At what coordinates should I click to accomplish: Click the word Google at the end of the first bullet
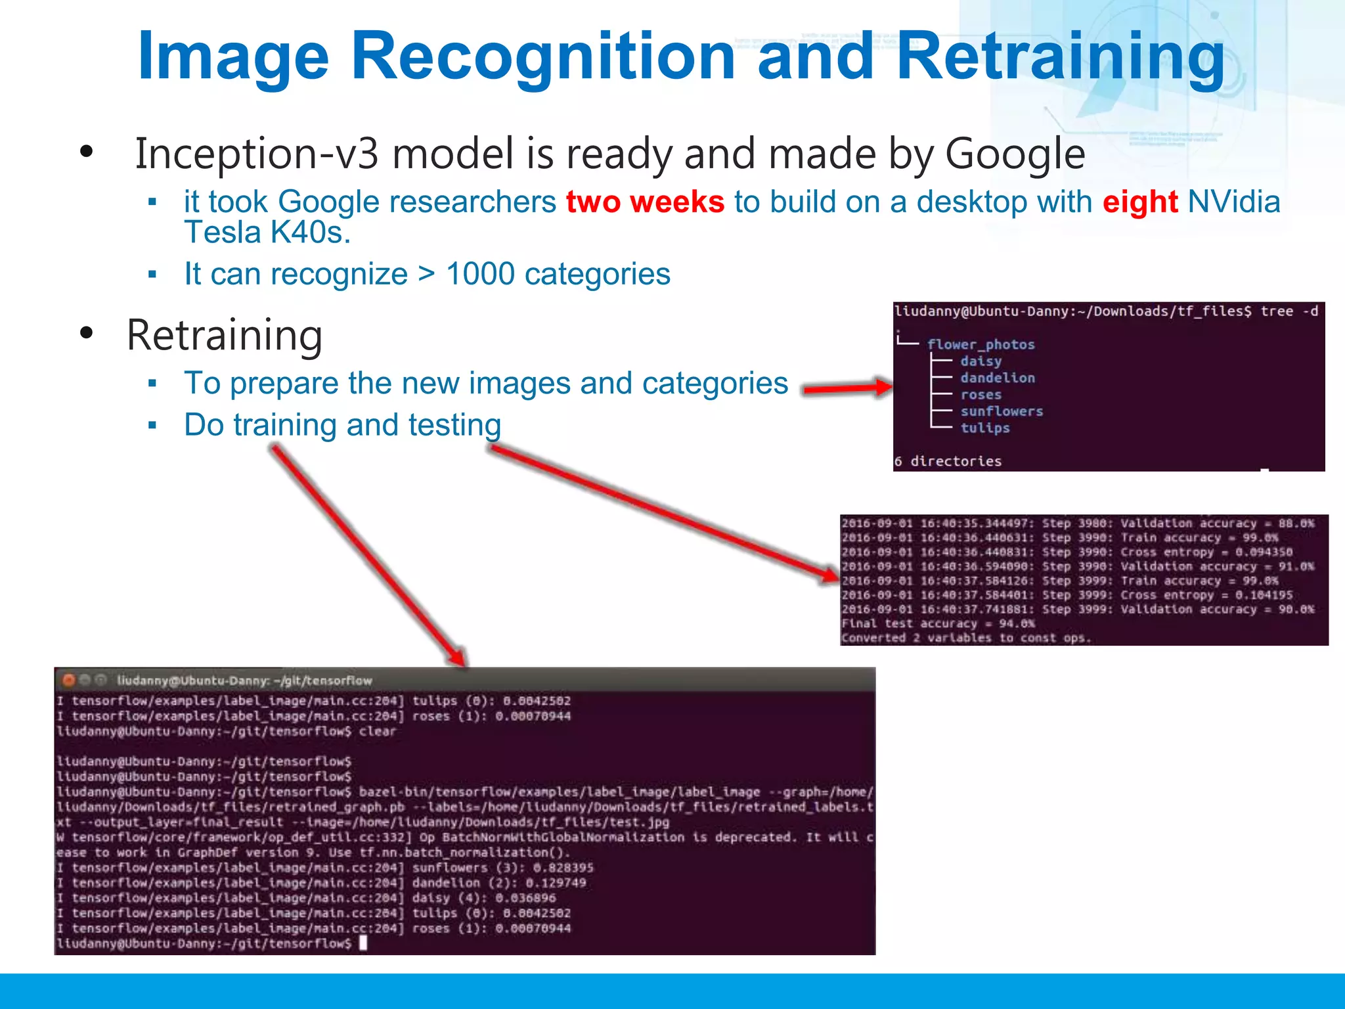point(1015,154)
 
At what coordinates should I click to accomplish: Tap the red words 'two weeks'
point(645,202)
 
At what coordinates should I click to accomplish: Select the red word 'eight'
point(1140,202)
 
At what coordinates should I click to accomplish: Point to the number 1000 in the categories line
point(480,274)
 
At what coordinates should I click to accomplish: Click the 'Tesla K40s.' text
point(267,233)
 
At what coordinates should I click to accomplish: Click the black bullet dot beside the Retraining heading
point(86,334)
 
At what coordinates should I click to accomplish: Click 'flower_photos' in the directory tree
point(981,345)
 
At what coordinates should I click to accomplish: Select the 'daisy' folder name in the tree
point(981,361)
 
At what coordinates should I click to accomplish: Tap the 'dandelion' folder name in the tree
point(998,378)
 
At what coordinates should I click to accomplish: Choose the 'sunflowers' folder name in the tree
point(1002,411)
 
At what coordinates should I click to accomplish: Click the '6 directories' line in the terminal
point(948,461)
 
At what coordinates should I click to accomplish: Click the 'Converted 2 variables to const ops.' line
point(965,638)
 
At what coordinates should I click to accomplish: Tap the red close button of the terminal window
point(68,680)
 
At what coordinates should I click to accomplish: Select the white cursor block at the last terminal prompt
point(363,943)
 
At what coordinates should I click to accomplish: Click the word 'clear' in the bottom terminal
point(378,731)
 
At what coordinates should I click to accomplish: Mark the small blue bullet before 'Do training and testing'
point(152,426)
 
